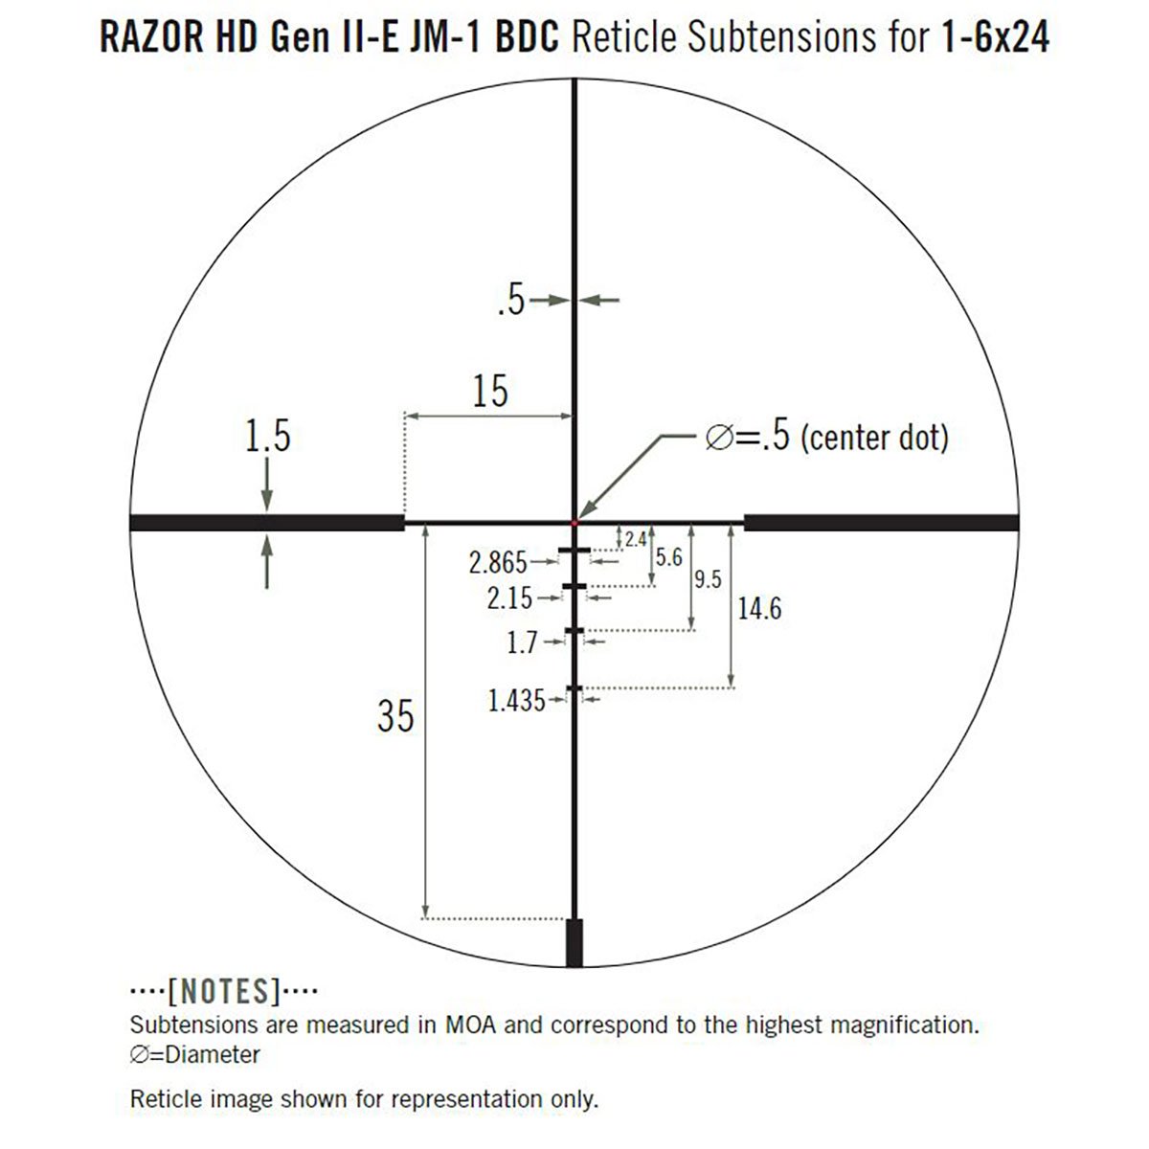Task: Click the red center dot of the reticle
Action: click(574, 522)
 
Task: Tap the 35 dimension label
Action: click(395, 715)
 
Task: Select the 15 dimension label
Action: click(489, 392)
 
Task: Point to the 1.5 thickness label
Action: click(267, 437)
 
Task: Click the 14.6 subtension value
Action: click(759, 608)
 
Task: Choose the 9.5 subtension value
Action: click(708, 579)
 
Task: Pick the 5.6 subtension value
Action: click(668, 557)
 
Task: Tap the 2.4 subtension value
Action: click(636, 540)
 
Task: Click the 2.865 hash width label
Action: click(498, 562)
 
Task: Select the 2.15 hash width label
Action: click(509, 598)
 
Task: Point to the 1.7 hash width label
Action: click(522, 642)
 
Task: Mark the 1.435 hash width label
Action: click(516, 702)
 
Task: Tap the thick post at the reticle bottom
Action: click(574, 943)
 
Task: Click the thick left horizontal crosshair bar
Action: click(266, 522)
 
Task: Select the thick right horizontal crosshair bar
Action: click(881, 522)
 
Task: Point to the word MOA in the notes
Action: click(469, 1025)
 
